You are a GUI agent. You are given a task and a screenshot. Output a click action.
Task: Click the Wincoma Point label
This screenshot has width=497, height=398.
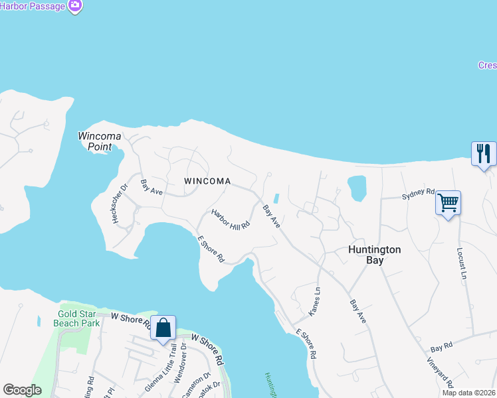pyautogui.click(x=100, y=141)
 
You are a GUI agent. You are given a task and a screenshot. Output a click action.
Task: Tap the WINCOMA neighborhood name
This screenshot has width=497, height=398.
pyautogui.click(x=208, y=181)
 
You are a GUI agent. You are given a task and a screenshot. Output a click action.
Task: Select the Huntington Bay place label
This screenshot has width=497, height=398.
pyautogui.click(x=375, y=255)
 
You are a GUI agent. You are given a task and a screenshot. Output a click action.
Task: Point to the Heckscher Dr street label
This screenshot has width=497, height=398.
pyautogui.click(x=120, y=203)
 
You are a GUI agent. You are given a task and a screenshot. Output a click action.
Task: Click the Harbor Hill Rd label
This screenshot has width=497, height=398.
pyautogui.click(x=231, y=219)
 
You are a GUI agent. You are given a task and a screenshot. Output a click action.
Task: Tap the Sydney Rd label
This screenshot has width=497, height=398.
pyautogui.click(x=418, y=196)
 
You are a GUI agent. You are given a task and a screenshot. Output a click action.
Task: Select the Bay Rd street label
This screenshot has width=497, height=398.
pyautogui.click(x=441, y=347)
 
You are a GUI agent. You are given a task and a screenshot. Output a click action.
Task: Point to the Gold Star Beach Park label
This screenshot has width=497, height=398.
pyautogui.click(x=78, y=318)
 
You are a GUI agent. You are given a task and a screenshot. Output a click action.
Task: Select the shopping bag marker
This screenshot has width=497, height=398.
pyautogui.click(x=163, y=328)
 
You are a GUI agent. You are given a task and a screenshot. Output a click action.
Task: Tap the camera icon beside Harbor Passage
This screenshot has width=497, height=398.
pyautogui.click(x=75, y=6)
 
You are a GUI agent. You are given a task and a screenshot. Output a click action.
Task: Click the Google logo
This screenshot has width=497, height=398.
pyautogui.click(x=22, y=390)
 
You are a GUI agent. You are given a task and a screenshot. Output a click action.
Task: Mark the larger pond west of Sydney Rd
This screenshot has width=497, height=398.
pyautogui.click(x=357, y=188)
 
